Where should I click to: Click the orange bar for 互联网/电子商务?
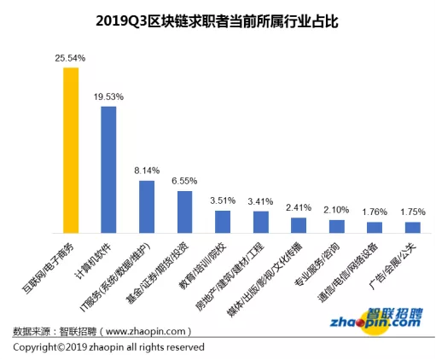coord(71,150)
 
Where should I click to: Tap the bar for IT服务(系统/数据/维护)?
coord(147,207)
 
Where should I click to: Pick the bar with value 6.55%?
coord(184,212)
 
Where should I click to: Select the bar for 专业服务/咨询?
coord(336,226)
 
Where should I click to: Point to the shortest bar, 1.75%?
coord(412,228)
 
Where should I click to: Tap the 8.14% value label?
coord(147,171)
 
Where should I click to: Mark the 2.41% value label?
coord(299,207)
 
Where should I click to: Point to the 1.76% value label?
coord(375,212)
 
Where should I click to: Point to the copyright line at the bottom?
coord(108,347)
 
